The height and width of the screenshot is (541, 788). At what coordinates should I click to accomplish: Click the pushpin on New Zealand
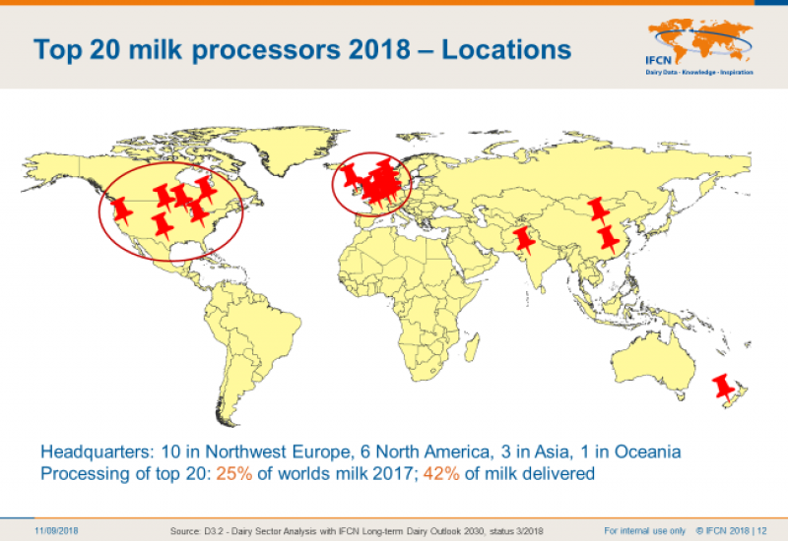pos(724,388)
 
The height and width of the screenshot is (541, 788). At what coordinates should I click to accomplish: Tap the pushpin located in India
pos(525,240)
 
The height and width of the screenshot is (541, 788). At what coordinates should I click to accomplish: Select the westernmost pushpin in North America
pos(120,210)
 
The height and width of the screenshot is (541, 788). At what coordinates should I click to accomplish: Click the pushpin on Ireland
pos(351,176)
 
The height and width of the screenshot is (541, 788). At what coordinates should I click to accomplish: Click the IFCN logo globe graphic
pos(700,40)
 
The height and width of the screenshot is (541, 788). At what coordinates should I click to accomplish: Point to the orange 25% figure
pos(234,473)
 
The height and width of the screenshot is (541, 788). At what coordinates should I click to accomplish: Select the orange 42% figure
pos(441,473)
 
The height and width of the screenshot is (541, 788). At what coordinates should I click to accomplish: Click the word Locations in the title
pos(506,49)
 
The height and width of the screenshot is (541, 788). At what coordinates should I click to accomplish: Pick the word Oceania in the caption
pos(648,451)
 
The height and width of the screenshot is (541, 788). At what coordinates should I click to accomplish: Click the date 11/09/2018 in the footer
pos(56,530)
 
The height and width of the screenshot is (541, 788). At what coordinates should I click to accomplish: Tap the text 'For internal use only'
pos(645,530)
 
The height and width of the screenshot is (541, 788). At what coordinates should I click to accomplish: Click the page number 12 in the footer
pos(761,530)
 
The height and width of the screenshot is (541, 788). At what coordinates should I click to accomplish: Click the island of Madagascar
pos(472,347)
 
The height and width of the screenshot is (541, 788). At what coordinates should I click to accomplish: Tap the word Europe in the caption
pos(321,452)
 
